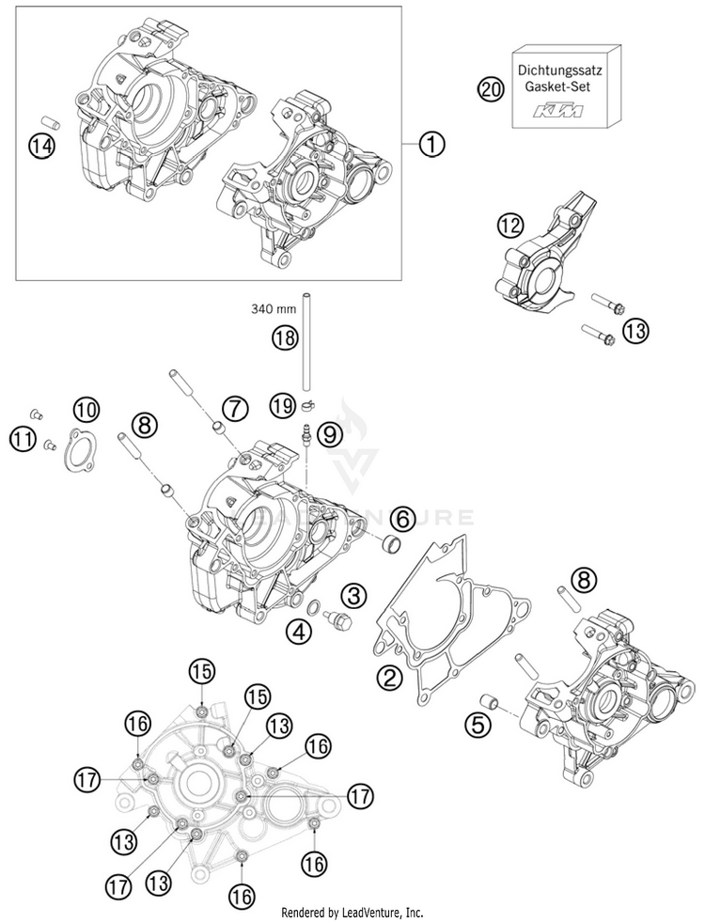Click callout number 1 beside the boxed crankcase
click(x=431, y=145)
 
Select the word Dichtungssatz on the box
click(x=561, y=69)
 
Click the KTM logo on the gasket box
click(x=558, y=112)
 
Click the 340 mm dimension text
click(x=273, y=307)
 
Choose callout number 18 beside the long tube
click(x=285, y=337)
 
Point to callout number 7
click(x=234, y=407)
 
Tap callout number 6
click(x=401, y=517)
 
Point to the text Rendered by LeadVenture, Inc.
click(x=352, y=913)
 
